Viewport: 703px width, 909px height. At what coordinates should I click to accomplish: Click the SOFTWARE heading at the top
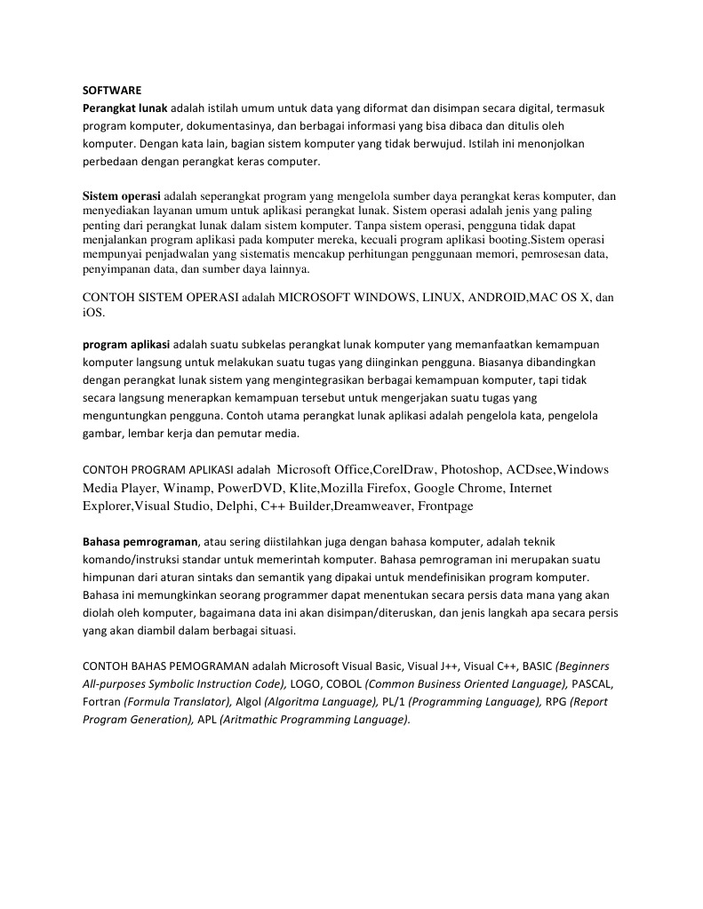pos(112,90)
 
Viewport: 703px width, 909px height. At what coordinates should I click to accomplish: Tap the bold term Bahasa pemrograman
pos(140,540)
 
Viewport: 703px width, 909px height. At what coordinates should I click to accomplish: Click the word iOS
pos(93,313)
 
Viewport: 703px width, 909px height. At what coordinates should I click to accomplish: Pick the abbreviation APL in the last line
pos(206,719)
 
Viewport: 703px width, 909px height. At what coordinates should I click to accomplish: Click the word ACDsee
pos(530,470)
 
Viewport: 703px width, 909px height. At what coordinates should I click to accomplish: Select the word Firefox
pos(383,488)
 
